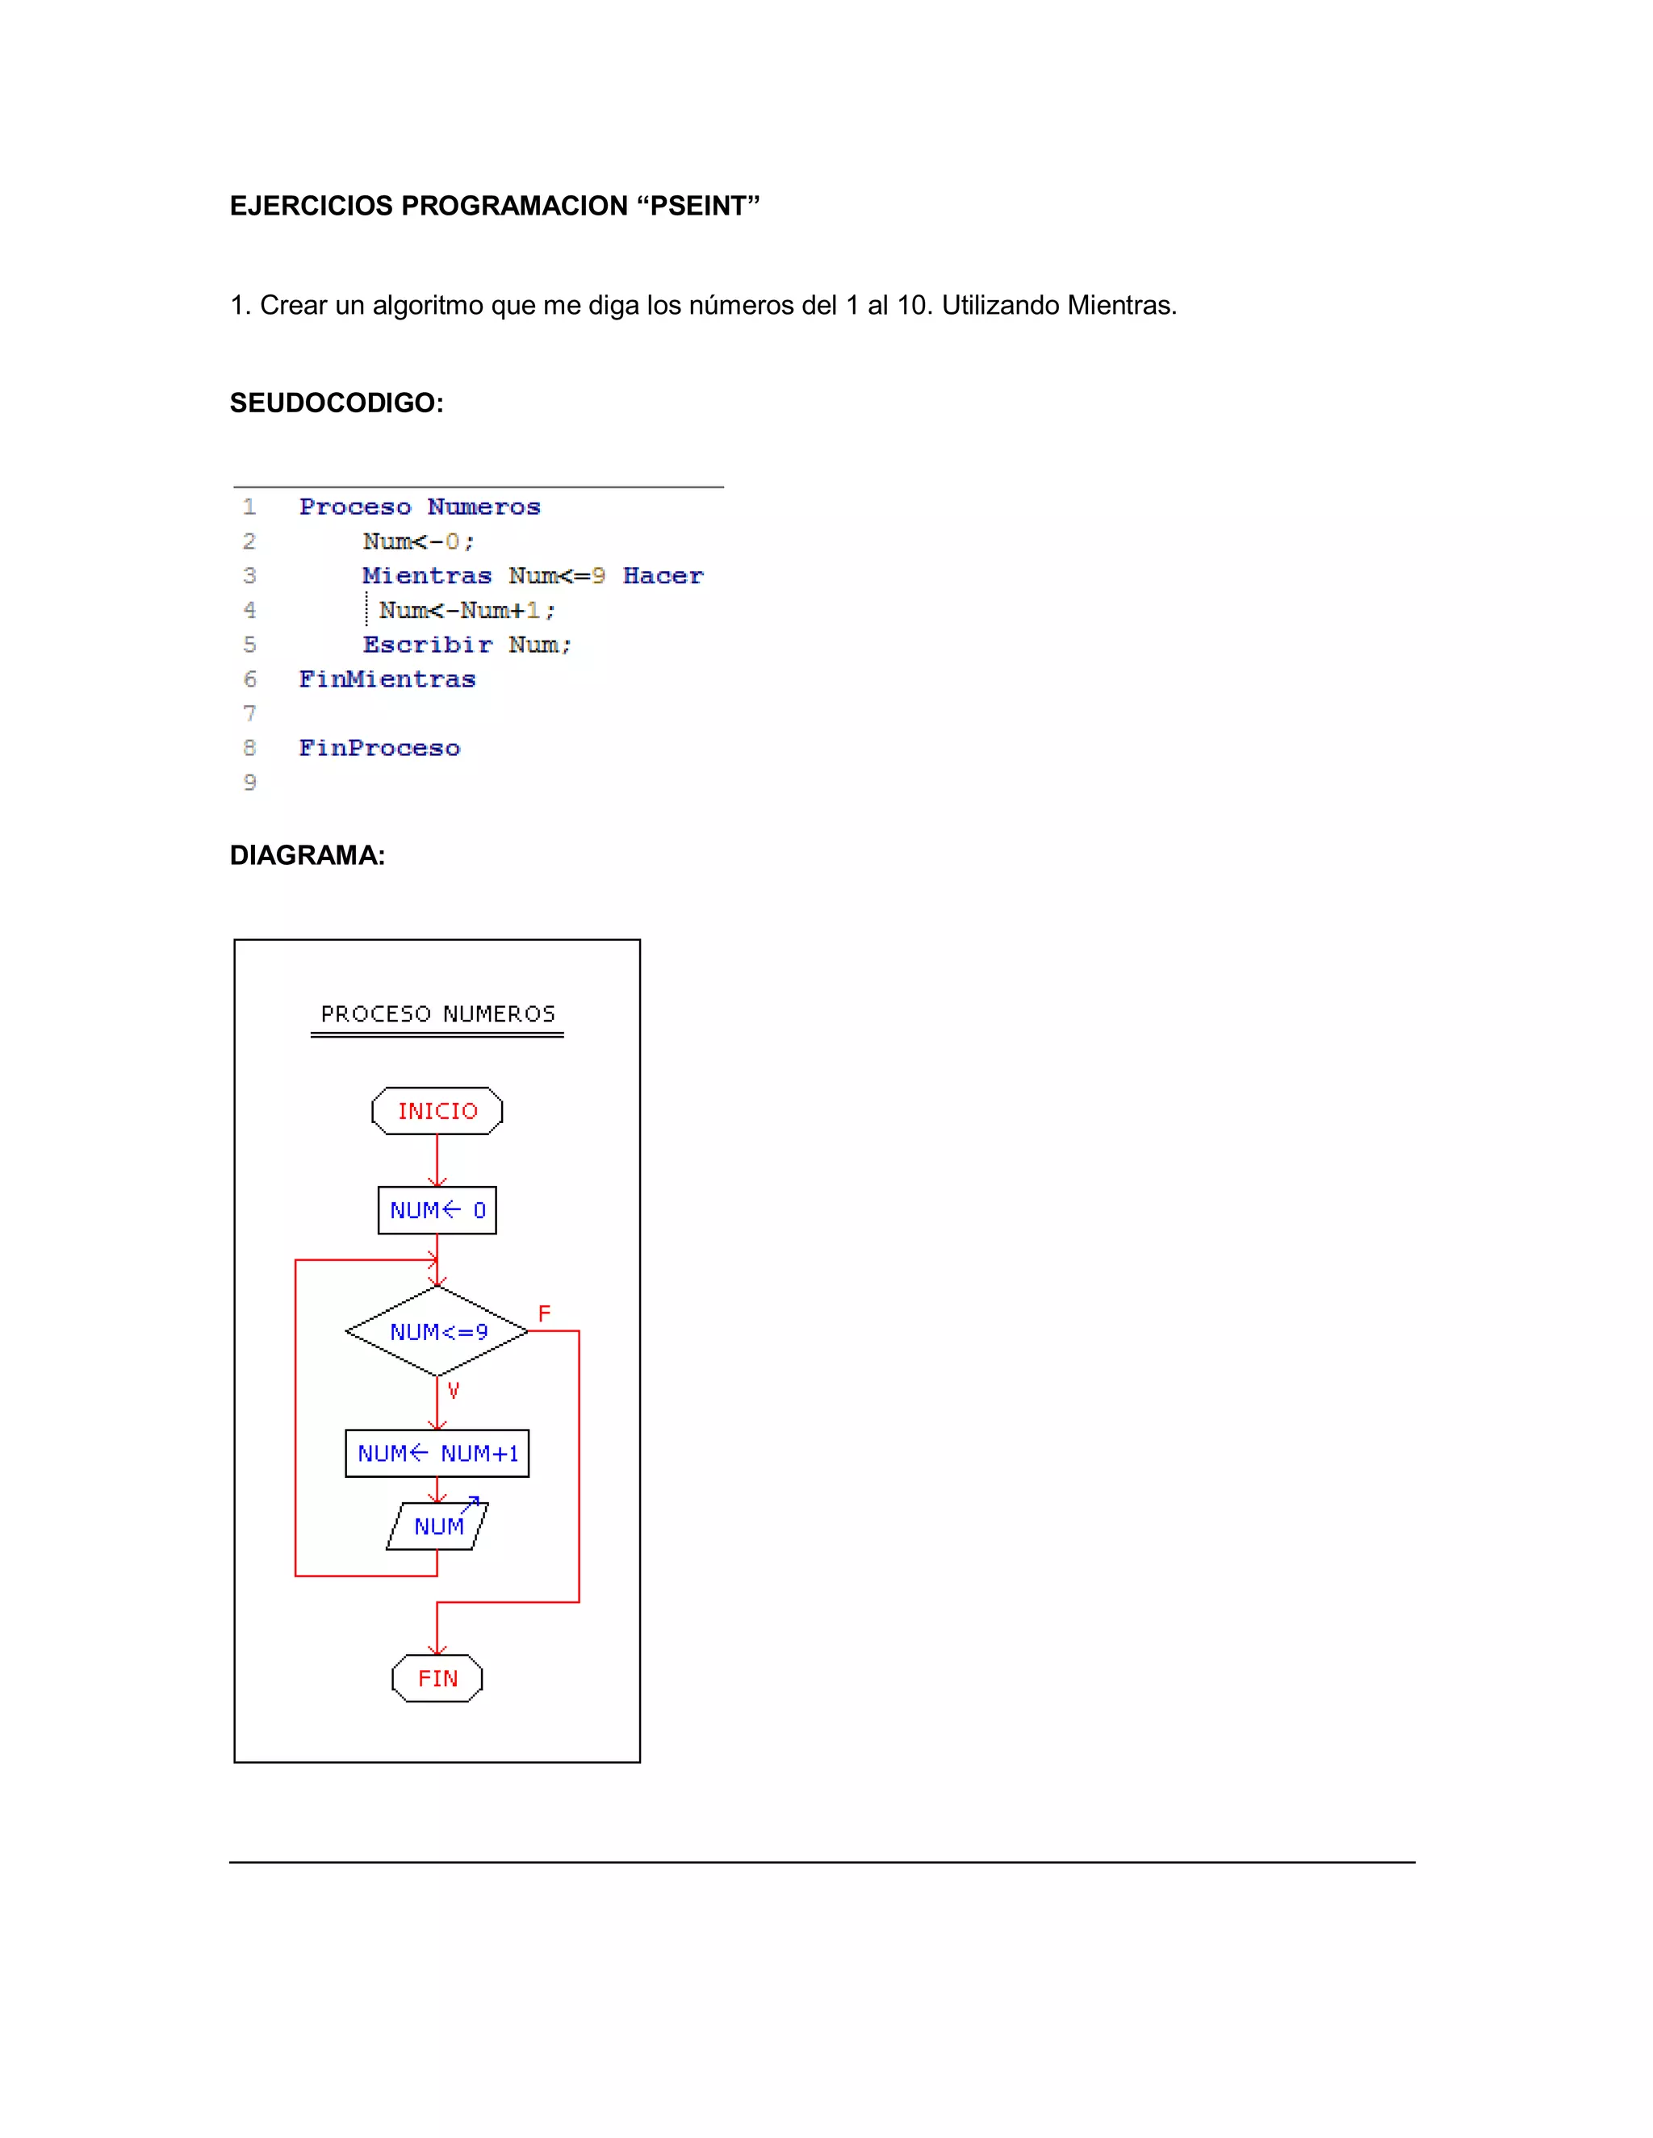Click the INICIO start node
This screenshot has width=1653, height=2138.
437,1111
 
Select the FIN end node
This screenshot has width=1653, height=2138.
437,1679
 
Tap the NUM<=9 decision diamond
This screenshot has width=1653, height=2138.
437,1331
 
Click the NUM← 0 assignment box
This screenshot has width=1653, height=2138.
437,1211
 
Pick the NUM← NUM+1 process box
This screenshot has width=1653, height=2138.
437,1454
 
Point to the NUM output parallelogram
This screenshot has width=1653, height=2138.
437,1526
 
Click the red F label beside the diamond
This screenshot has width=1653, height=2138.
545,1313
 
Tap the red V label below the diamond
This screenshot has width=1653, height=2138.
454,1390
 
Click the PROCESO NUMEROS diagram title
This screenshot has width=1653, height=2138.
437,1014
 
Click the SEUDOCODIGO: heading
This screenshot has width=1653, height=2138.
337,403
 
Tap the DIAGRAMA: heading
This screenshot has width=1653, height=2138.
308,855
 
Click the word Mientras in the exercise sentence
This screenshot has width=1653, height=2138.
1120,306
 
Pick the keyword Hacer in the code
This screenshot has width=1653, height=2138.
663,575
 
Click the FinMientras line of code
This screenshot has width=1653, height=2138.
387,679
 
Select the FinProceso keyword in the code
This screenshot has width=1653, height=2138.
379,748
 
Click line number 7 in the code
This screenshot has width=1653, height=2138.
249,714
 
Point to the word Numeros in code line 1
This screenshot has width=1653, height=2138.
483,507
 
